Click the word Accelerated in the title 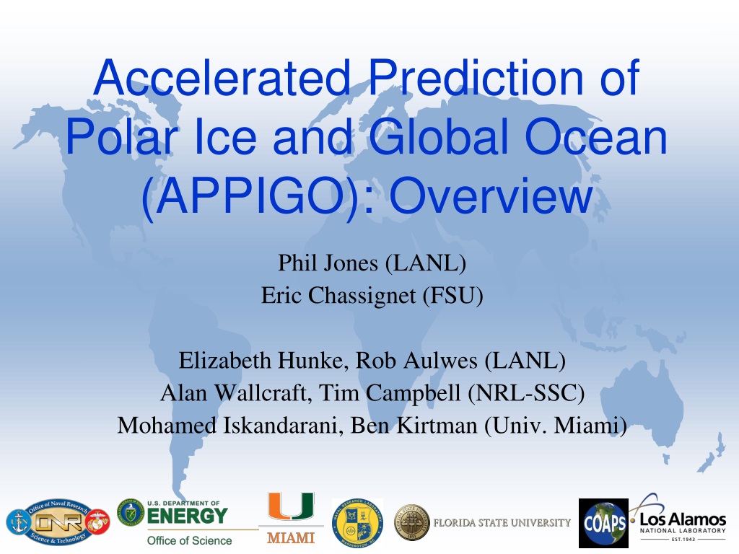pyautogui.click(x=222, y=77)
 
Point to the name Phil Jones pyautogui.click(x=328, y=263)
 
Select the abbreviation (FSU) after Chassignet pyautogui.click(x=453, y=296)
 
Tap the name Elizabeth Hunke pyautogui.click(x=263, y=361)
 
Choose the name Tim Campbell pyautogui.click(x=389, y=393)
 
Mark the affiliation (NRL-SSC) pyautogui.click(x=526, y=393)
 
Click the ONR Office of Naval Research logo pyautogui.click(x=58, y=522)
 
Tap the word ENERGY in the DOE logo pyautogui.click(x=188, y=516)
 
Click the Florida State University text pyautogui.click(x=502, y=522)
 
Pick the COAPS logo pyautogui.click(x=603, y=523)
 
